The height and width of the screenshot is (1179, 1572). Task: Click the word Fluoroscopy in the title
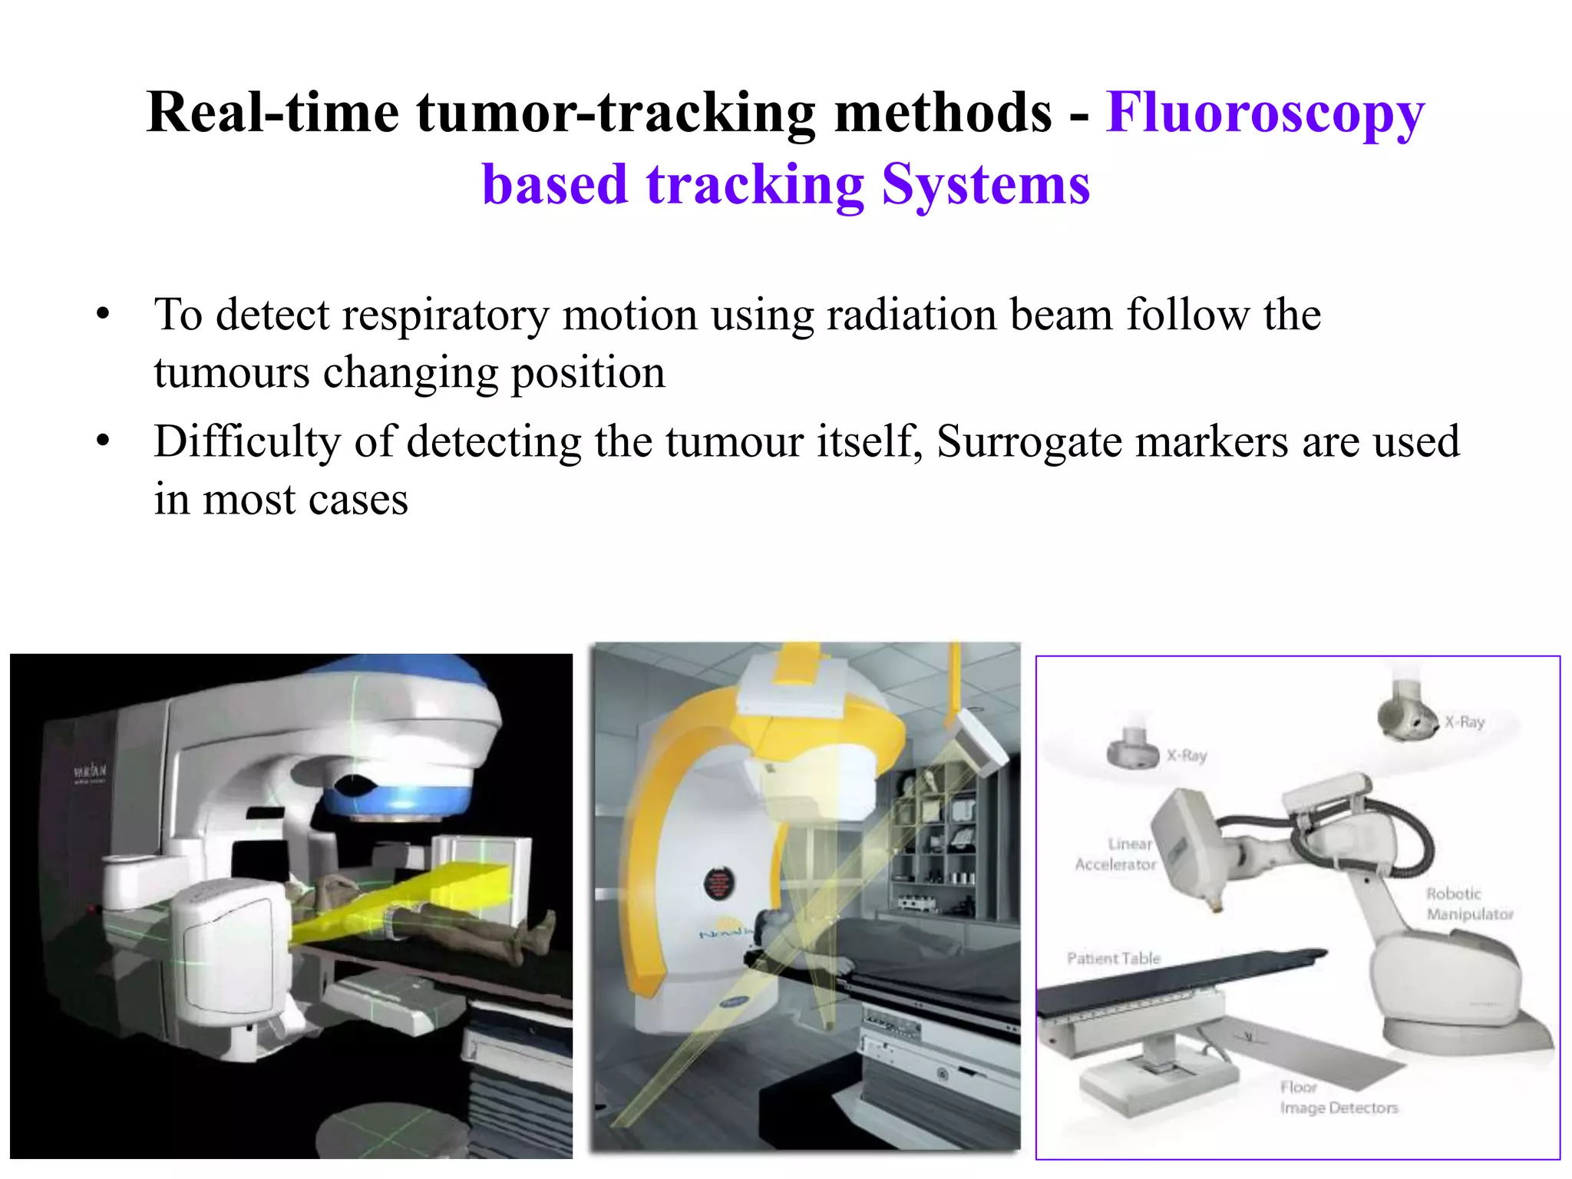1265,114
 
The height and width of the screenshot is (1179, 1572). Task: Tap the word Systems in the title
986,186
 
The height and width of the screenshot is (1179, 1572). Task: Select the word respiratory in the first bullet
445,315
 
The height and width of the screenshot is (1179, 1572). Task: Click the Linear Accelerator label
1116,854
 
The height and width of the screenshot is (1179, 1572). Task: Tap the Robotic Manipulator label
1469,904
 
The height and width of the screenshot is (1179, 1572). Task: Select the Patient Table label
1113,959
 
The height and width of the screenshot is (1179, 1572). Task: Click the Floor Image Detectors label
1337,1098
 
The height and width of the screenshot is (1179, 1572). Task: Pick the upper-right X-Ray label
1465,722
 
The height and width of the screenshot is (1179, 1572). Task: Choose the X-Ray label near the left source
1187,756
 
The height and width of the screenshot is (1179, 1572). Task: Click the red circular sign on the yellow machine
718,883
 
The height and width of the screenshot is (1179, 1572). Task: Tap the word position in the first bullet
588,374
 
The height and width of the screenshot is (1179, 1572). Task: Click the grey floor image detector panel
1320,1055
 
